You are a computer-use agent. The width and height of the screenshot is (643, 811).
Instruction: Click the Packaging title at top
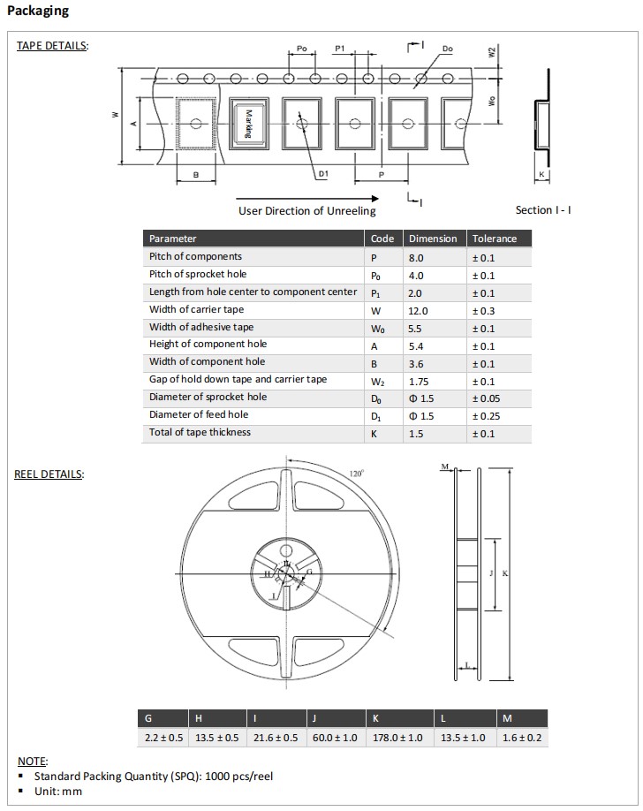pos(38,11)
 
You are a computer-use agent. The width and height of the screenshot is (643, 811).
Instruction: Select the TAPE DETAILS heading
pos(52,46)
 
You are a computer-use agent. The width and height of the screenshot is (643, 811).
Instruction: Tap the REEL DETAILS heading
pos(49,474)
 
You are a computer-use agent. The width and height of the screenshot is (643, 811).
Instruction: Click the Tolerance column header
pos(495,239)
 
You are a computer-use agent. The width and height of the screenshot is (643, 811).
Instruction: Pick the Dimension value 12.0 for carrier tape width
pos(418,310)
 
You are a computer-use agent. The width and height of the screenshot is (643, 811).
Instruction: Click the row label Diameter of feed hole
pos(199,414)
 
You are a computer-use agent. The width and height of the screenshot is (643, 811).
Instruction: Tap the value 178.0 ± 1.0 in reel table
pos(397,737)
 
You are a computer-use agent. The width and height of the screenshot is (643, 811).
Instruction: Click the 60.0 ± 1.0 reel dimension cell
pos(337,737)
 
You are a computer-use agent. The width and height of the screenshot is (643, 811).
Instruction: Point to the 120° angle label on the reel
pos(356,474)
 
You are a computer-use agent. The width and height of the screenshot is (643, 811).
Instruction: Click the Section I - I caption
pos(543,210)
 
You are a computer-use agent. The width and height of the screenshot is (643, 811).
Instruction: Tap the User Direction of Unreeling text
pos(306,211)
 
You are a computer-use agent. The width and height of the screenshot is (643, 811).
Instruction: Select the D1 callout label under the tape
pos(323,174)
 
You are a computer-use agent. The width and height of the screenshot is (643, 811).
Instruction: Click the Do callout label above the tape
pos(447,49)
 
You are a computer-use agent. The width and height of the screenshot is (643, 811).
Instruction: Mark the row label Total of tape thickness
pos(200,432)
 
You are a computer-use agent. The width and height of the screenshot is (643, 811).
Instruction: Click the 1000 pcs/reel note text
pos(238,776)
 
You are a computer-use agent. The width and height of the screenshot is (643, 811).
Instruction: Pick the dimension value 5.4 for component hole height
pos(416,345)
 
